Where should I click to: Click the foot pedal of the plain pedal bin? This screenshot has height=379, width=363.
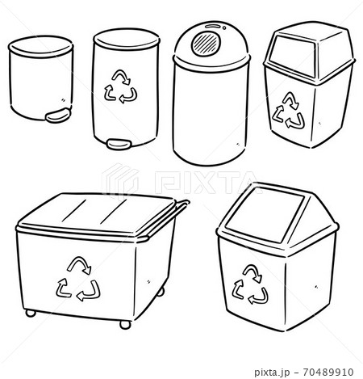(56, 116)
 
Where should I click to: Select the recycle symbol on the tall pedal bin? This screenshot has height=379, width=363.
(122, 86)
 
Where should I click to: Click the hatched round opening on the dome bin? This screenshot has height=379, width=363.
(207, 40)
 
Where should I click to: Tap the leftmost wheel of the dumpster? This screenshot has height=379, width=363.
(30, 313)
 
